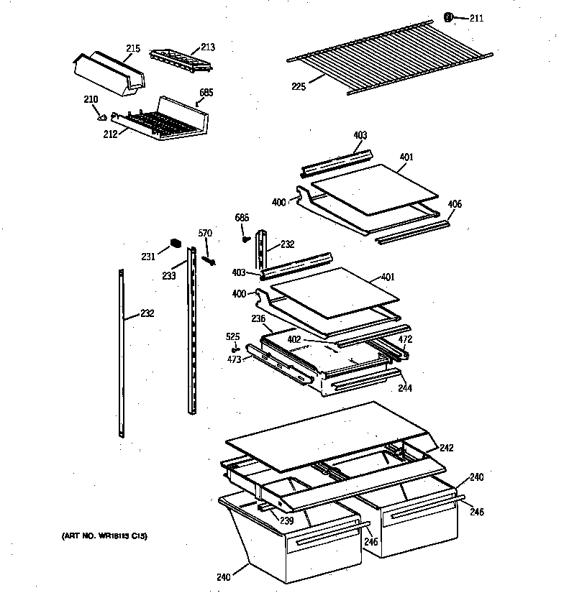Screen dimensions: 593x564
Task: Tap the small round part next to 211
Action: point(450,17)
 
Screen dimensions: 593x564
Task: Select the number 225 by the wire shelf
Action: point(299,86)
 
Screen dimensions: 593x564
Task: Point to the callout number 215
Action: point(133,48)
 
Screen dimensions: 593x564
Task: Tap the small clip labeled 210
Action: point(103,116)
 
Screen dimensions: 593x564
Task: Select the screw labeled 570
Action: point(210,258)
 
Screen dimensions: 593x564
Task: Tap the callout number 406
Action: point(454,205)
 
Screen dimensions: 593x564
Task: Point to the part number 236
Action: point(258,318)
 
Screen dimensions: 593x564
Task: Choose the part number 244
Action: point(405,389)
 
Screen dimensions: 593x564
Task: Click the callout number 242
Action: point(447,448)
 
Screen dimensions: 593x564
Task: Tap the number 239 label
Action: point(287,520)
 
